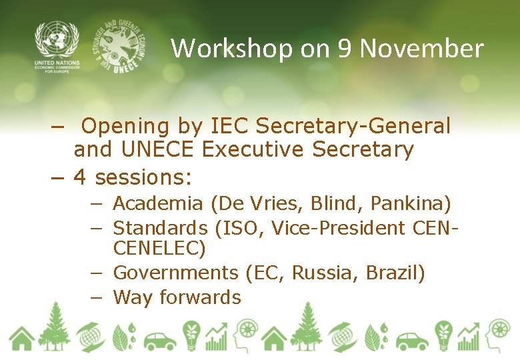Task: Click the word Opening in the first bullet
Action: coord(127,126)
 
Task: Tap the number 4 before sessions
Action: coord(80,177)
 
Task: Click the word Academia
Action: coord(157,203)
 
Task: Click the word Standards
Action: coord(161,228)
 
